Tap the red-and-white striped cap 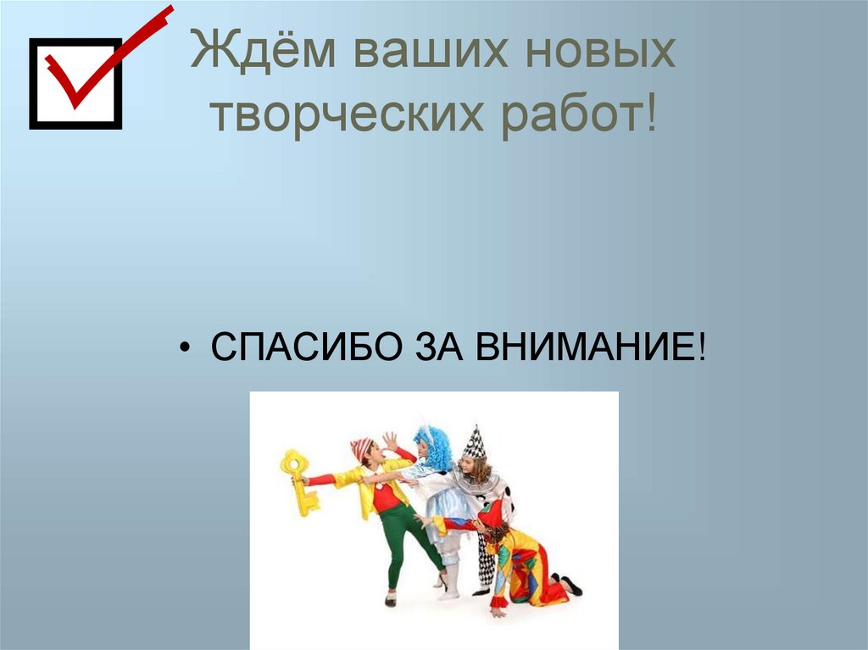tap(361, 447)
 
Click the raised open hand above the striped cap tap(389, 441)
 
